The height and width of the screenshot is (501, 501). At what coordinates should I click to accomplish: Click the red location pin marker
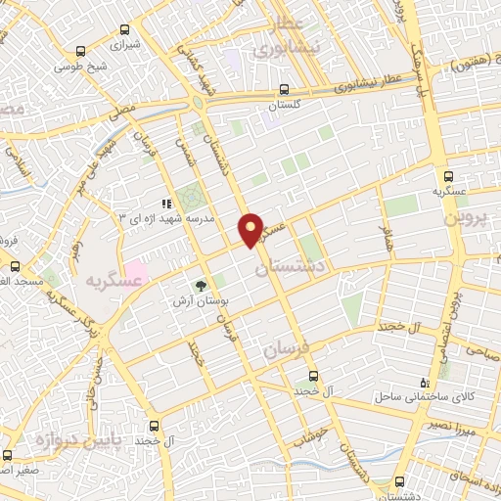[250, 229]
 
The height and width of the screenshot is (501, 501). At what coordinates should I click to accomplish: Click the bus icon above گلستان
[284, 88]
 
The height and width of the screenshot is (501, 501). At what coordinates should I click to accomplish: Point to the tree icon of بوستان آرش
[201, 287]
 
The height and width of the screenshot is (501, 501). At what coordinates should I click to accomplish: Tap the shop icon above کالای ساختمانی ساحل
[423, 383]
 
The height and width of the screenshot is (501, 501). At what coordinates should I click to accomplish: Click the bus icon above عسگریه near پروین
[447, 176]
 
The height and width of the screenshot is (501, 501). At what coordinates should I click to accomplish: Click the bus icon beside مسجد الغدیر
[15, 266]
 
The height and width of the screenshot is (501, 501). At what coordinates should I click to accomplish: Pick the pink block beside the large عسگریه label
[135, 269]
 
